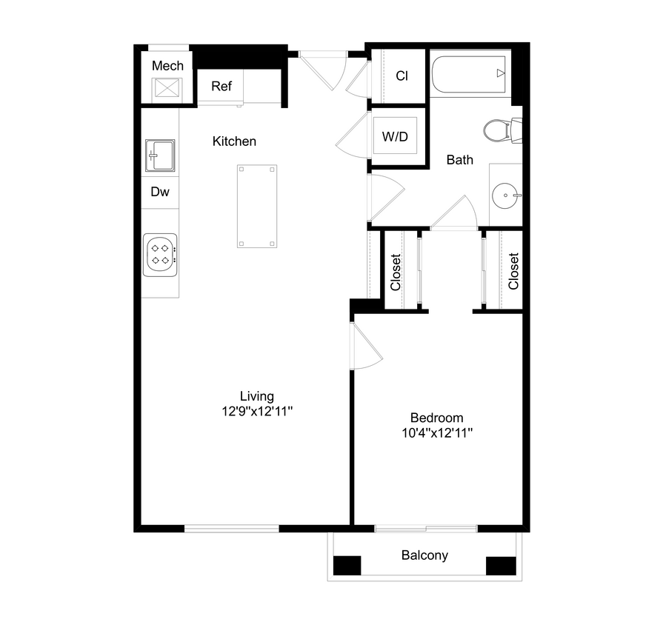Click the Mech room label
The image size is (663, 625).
click(167, 66)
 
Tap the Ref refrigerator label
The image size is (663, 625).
click(221, 86)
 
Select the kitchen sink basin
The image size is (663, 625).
click(160, 156)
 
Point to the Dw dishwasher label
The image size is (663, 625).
click(160, 192)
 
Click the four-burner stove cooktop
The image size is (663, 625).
click(161, 254)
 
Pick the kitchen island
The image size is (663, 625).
click(256, 207)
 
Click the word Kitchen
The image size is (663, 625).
click(234, 141)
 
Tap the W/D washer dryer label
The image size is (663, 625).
click(395, 137)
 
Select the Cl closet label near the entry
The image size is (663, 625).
click(402, 76)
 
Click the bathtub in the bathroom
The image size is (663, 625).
click(469, 73)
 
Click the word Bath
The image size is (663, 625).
click(459, 159)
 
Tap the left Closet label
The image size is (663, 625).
click(396, 272)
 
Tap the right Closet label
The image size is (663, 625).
click(513, 272)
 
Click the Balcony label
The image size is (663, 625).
click(424, 555)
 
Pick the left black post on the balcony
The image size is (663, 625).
click(347, 565)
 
